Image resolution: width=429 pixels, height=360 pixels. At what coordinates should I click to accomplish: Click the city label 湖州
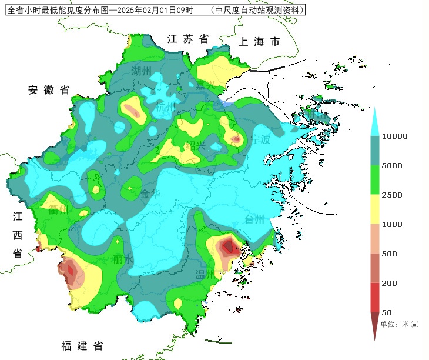[142, 71]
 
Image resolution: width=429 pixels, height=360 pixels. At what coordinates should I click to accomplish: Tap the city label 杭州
[165, 108]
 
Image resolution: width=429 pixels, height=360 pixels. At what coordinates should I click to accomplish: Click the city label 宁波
[260, 140]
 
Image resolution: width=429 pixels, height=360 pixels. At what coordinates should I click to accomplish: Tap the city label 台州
[254, 219]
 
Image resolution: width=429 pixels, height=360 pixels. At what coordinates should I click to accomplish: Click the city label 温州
[205, 274]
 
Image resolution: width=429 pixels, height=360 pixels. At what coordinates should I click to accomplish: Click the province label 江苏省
[188, 39]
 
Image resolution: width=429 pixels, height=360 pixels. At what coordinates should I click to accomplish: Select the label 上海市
[259, 42]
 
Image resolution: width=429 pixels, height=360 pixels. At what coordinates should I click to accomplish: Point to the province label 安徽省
[49, 90]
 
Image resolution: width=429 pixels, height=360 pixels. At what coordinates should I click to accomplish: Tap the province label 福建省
[82, 345]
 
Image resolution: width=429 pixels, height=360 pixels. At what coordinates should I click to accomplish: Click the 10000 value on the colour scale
[395, 136]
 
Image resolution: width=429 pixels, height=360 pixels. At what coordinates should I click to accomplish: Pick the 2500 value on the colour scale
[392, 195]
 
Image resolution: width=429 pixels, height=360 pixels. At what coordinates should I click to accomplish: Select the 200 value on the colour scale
[389, 284]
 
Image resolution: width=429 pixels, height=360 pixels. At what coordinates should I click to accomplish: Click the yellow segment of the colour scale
[374, 209]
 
